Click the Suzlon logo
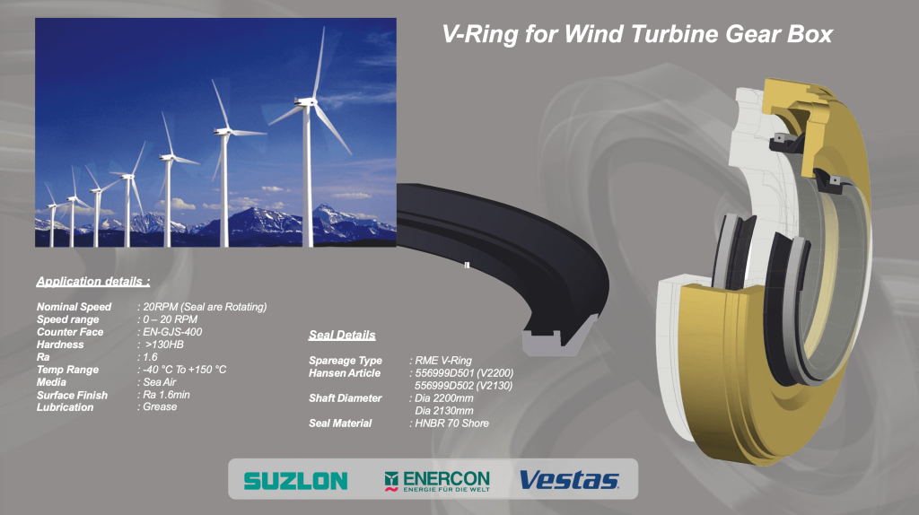point(295,481)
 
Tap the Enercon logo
point(437,481)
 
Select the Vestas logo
point(569,480)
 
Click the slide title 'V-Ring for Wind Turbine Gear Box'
point(637,34)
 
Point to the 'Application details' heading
point(93,281)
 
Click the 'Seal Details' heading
point(342,336)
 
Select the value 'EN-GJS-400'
point(172,332)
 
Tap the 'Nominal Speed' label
point(74,307)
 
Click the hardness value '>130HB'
point(164,345)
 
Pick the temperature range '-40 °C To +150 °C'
point(185,370)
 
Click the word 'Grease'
point(160,406)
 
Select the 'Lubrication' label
point(65,407)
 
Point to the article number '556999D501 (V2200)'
point(464,373)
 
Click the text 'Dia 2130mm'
point(444,411)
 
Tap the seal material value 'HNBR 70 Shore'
point(452,423)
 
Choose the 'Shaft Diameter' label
point(346,398)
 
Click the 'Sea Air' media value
point(160,382)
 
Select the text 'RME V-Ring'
point(443,361)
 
